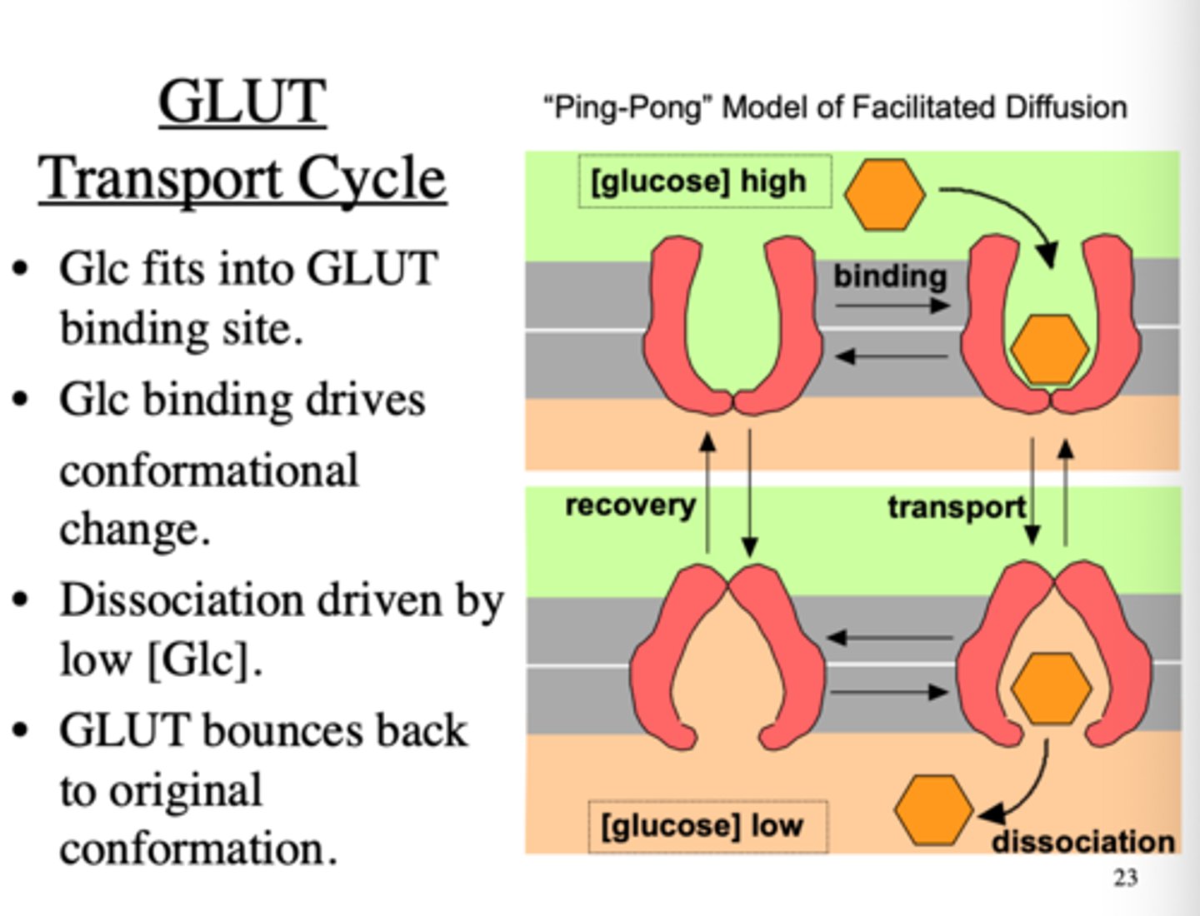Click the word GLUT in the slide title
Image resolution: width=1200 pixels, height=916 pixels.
242,102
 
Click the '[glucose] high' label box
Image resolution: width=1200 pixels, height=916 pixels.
704,182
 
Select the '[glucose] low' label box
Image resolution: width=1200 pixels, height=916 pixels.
707,826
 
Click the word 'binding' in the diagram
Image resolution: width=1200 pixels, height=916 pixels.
890,276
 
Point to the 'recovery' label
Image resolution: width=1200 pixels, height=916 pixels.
630,505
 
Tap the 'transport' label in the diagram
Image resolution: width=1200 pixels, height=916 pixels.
956,506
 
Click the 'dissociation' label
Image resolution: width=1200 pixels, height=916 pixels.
1082,842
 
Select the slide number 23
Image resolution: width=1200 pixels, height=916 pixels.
1125,877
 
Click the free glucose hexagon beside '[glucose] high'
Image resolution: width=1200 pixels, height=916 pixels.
884,194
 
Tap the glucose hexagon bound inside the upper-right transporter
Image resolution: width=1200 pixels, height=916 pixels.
1048,349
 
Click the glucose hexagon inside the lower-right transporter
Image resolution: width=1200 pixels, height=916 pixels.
1051,689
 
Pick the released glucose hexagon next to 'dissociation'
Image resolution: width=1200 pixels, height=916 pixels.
933,810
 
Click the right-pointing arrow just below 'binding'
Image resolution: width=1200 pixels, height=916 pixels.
892,306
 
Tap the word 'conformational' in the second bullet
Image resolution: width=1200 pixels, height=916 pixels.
209,470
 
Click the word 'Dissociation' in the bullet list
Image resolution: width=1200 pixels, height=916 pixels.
184,600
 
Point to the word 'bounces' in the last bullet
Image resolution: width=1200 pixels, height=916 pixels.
282,730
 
